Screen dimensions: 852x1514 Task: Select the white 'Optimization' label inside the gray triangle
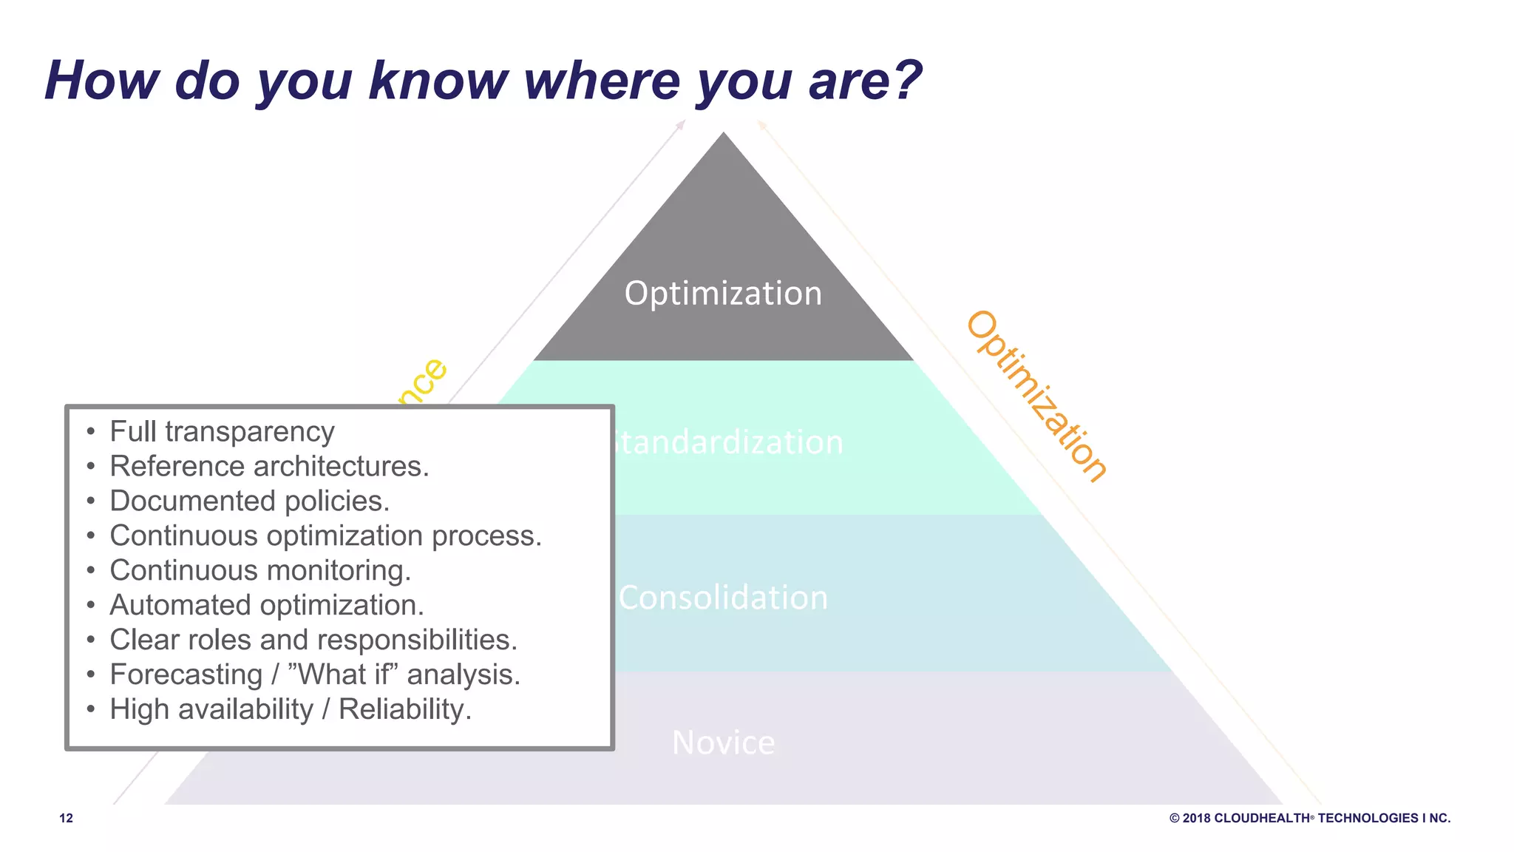tap(723, 294)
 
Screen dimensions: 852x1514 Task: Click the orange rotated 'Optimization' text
tap(1036, 397)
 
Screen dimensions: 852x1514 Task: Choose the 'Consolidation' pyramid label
tap(723, 598)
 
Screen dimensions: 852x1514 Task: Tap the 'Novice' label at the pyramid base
tap(723, 743)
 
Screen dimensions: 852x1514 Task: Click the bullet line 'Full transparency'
tap(222, 432)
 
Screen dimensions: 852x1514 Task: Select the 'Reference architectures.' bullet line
tap(269, 467)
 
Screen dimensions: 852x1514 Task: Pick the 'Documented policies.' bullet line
tap(249, 501)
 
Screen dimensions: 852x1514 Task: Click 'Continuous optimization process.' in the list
tap(325, 536)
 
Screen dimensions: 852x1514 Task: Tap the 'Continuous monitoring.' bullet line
tap(260, 571)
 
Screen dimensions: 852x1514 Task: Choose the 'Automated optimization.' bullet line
tap(267, 606)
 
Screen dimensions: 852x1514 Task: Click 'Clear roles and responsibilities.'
tap(313, 640)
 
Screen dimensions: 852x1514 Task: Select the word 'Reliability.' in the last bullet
tap(404, 709)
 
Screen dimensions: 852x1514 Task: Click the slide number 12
tap(66, 818)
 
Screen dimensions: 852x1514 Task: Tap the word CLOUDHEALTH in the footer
tap(1262, 818)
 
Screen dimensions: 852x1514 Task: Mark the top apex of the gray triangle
tap(723, 135)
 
